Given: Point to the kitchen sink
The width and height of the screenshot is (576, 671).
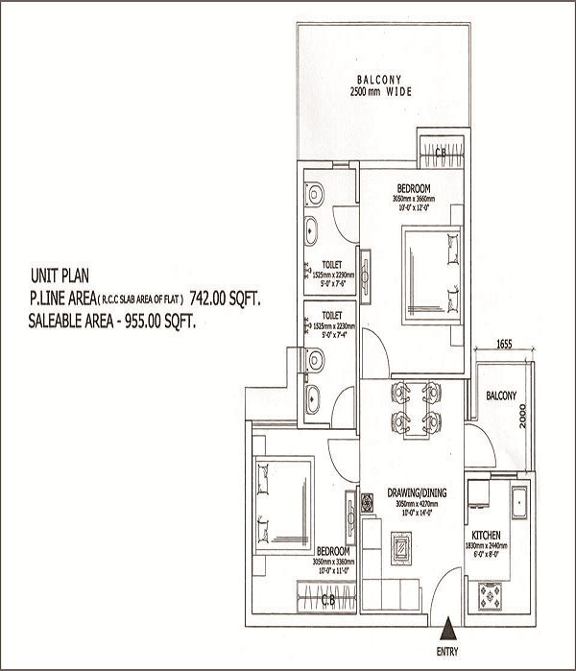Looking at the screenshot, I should pyautogui.click(x=518, y=501).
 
